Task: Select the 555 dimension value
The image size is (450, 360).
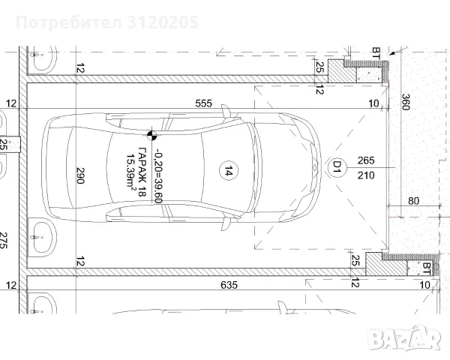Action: click(x=203, y=103)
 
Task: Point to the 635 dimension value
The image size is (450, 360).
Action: click(x=229, y=285)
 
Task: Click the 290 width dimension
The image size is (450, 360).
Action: click(x=80, y=175)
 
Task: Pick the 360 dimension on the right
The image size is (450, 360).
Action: click(x=405, y=102)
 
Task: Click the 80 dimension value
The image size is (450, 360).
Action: click(x=413, y=201)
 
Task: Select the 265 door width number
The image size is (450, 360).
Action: click(x=366, y=160)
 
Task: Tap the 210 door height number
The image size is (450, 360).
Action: click(x=366, y=175)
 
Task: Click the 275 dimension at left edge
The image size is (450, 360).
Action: click(x=3, y=240)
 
